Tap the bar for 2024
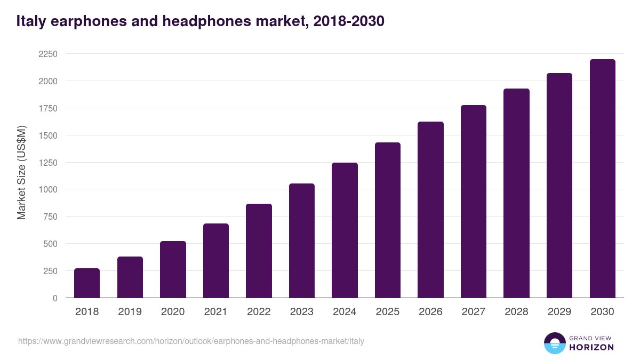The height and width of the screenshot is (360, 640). click(345, 230)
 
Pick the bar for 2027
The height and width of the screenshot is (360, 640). click(474, 201)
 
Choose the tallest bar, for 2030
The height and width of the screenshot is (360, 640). click(602, 178)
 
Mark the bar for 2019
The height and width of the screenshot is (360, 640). click(130, 277)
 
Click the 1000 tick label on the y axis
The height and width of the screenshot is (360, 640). click(47, 189)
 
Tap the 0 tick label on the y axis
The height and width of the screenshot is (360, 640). click(54, 298)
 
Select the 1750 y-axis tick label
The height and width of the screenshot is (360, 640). click(47, 108)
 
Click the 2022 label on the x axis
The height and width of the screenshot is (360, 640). click(259, 312)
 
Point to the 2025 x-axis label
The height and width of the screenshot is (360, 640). click(388, 312)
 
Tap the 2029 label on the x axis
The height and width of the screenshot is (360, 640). click(559, 312)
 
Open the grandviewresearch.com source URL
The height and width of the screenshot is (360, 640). click(191, 341)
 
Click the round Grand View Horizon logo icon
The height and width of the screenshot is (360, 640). click(554, 343)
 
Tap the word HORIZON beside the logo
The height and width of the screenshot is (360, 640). click(591, 347)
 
